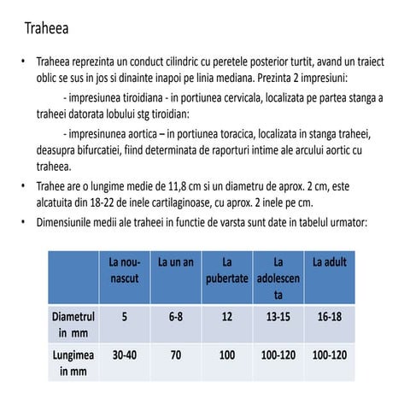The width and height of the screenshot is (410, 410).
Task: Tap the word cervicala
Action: pos(243,97)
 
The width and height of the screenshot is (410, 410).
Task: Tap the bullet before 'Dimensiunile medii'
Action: pos(23,221)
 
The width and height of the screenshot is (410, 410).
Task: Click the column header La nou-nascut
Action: pos(124,269)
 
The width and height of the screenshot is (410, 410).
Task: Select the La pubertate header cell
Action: pos(226,269)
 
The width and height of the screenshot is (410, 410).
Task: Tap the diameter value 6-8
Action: pos(176,316)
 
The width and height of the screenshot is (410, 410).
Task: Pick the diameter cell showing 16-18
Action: pos(330,316)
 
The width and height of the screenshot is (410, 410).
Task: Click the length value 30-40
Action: pos(124,355)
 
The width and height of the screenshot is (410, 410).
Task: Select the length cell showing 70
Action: pos(176,355)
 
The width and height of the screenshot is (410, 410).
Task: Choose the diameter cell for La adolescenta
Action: pos(278,316)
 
